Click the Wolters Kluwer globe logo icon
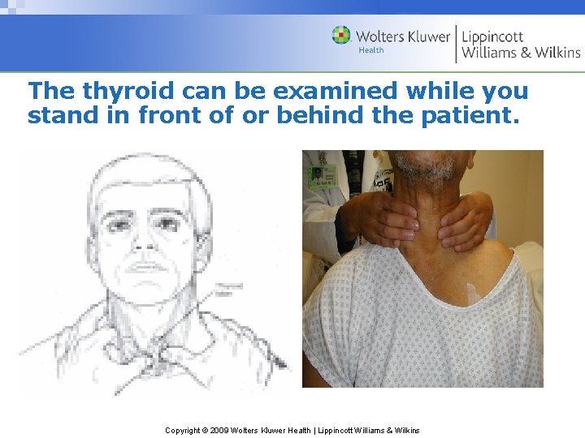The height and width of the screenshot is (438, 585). point(341,36)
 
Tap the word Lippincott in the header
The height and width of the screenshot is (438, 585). point(492,36)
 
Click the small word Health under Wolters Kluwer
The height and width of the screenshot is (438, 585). point(370,50)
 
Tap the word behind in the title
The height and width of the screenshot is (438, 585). point(322,116)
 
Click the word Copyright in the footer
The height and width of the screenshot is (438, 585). point(184,430)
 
